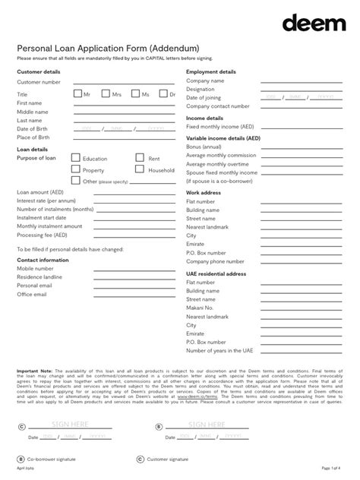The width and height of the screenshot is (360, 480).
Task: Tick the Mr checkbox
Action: (x=77, y=93)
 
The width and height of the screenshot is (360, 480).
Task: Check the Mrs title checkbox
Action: (x=106, y=93)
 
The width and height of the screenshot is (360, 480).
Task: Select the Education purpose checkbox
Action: (x=76, y=158)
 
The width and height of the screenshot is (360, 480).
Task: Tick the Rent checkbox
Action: (x=140, y=158)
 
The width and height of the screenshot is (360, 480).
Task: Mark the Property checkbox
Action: (x=76, y=169)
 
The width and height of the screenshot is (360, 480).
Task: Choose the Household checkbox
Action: (x=140, y=169)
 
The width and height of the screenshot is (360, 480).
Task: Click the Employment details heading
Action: (x=211, y=71)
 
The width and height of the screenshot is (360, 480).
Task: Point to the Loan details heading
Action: (x=33, y=150)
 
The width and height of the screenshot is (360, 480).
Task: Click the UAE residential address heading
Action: (x=216, y=273)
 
